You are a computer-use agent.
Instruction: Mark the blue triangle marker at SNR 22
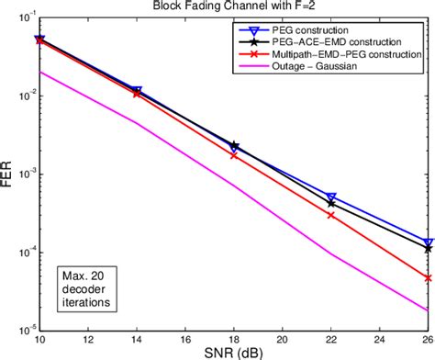[x=331, y=197]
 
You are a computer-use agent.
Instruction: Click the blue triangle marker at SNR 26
[x=428, y=242]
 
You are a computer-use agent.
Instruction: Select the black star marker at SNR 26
[x=428, y=248]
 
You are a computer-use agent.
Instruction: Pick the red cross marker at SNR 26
[x=428, y=277]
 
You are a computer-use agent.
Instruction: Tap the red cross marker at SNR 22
[x=331, y=215]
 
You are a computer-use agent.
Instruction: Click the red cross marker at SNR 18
[x=234, y=155]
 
